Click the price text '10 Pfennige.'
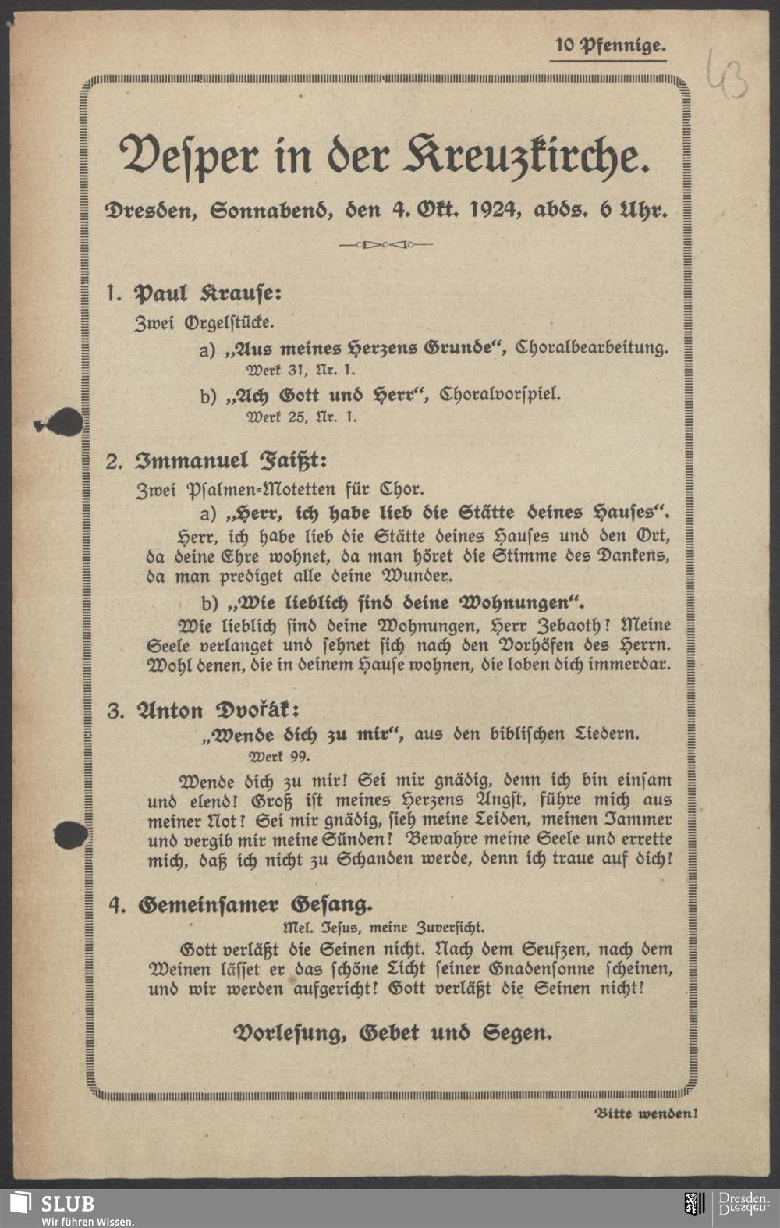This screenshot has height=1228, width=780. point(609,46)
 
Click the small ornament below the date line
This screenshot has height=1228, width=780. point(386,245)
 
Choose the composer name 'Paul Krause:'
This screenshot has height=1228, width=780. point(207,294)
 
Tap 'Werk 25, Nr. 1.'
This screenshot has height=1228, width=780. point(302,417)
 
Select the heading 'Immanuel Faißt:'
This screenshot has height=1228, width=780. point(227,460)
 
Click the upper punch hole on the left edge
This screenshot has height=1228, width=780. point(66,424)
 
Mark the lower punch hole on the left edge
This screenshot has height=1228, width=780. point(70,836)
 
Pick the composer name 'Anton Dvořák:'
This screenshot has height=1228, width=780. point(218,711)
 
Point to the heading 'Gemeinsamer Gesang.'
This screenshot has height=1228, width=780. point(255,905)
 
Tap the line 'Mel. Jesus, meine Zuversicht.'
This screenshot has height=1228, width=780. point(383,928)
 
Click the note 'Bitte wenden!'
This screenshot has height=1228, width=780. point(646,1113)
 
